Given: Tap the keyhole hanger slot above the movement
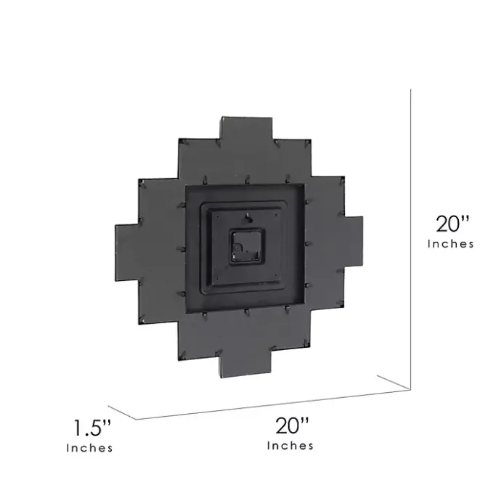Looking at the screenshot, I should tap(247, 216).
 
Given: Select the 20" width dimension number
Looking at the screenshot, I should tap(290, 423).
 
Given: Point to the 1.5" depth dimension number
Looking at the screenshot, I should tap(90, 425).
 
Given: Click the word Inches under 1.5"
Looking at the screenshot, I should tap(90, 448).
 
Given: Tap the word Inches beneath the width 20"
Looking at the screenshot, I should tap(290, 445).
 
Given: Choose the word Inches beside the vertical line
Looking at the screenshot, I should tap(451, 244).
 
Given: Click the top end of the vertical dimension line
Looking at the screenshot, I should tap(412, 90).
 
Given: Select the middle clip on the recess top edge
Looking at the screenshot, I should tap(247, 175).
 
